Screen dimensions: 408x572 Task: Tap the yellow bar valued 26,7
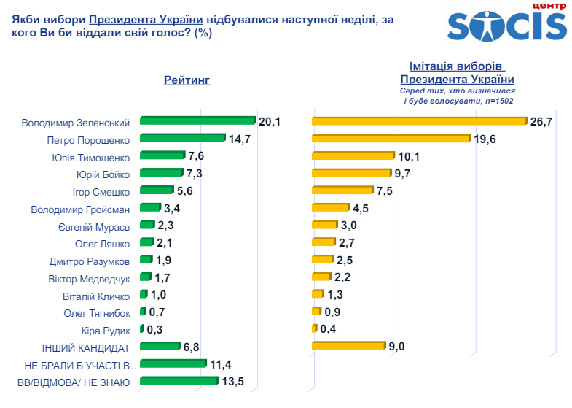[x=418, y=121]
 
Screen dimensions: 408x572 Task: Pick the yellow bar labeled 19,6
[x=391, y=139]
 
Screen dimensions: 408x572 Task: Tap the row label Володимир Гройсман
[x=80, y=209]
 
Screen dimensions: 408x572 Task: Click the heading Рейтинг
[x=187, y=80]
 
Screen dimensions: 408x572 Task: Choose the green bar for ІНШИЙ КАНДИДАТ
[x=160, y=346]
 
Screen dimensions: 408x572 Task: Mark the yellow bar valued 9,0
[x=348, y=346]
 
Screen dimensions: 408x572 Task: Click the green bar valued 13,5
[x=173, y=381]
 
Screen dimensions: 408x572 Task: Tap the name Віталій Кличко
[x=96, y=296]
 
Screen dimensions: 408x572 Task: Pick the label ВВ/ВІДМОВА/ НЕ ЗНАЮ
[x=73, y=382]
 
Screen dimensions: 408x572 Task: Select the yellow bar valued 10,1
[x=352, y=156]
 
